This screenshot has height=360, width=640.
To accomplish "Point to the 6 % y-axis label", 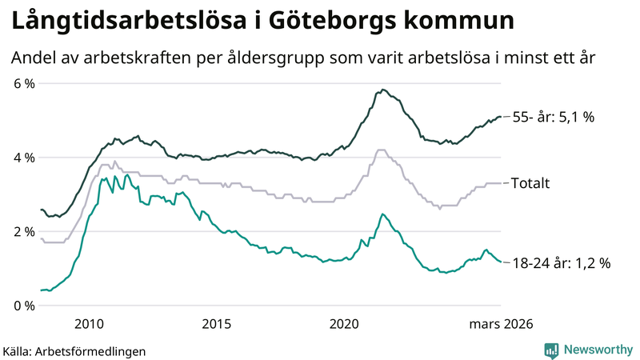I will tap(23, 83).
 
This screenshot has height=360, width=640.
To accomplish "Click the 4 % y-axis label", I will tap(23, 158).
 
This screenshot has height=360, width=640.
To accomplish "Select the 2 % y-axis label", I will tap(23, 231).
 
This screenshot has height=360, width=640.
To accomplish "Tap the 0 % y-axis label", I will tap(23, 306).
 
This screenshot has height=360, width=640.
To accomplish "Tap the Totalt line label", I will tap(530, 183).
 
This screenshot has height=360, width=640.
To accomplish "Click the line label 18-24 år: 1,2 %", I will tap(561, 262).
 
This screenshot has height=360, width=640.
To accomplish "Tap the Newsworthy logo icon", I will tap(551, 350).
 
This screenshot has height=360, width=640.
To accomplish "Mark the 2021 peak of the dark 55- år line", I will tap(383, 90).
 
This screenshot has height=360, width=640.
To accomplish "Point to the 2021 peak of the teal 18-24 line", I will tap(382, 214).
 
